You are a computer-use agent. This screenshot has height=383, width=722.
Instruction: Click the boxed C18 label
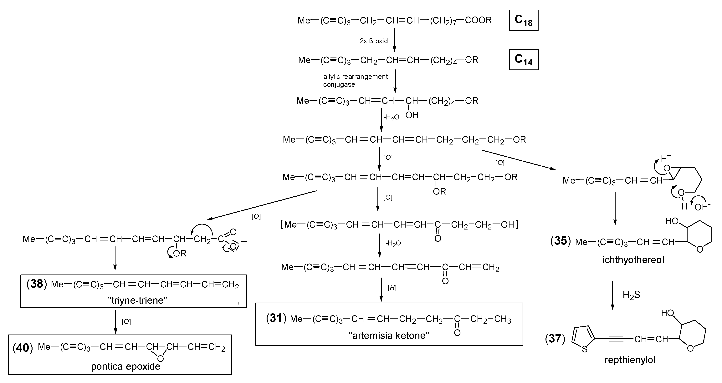523,20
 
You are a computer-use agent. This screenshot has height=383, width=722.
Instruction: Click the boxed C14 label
523,60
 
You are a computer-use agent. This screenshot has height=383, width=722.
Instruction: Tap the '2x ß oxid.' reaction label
374,41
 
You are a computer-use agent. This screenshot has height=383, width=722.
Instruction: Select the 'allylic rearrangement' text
355,77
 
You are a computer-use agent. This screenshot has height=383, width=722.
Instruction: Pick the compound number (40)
23,348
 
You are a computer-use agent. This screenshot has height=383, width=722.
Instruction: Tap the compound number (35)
561,241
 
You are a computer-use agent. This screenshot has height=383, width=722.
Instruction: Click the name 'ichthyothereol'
633,260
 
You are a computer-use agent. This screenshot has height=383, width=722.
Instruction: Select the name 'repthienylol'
630,360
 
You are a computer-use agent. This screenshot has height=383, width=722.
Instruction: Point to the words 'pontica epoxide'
125,366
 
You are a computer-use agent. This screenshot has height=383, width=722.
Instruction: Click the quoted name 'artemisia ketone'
389,335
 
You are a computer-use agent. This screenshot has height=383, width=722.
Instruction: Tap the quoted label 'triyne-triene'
137,300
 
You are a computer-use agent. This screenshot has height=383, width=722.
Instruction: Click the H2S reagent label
631,295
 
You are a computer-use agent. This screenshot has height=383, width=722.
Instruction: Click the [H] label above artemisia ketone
392,288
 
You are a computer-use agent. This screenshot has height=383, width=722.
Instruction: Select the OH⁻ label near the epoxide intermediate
703,207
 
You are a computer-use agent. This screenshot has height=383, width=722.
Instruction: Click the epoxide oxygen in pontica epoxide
160,359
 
